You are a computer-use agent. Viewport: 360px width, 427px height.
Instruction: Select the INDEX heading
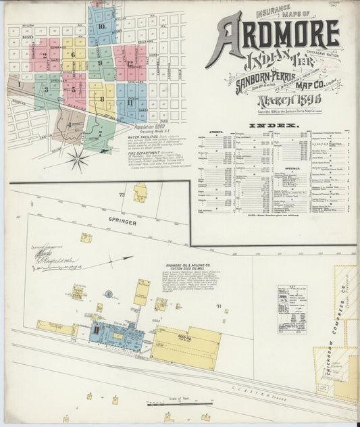273,126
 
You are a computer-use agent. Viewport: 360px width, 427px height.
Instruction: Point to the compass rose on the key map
79,160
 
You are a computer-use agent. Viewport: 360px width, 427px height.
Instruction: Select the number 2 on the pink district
45,55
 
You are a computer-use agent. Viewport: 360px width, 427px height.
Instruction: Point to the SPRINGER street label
121,222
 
